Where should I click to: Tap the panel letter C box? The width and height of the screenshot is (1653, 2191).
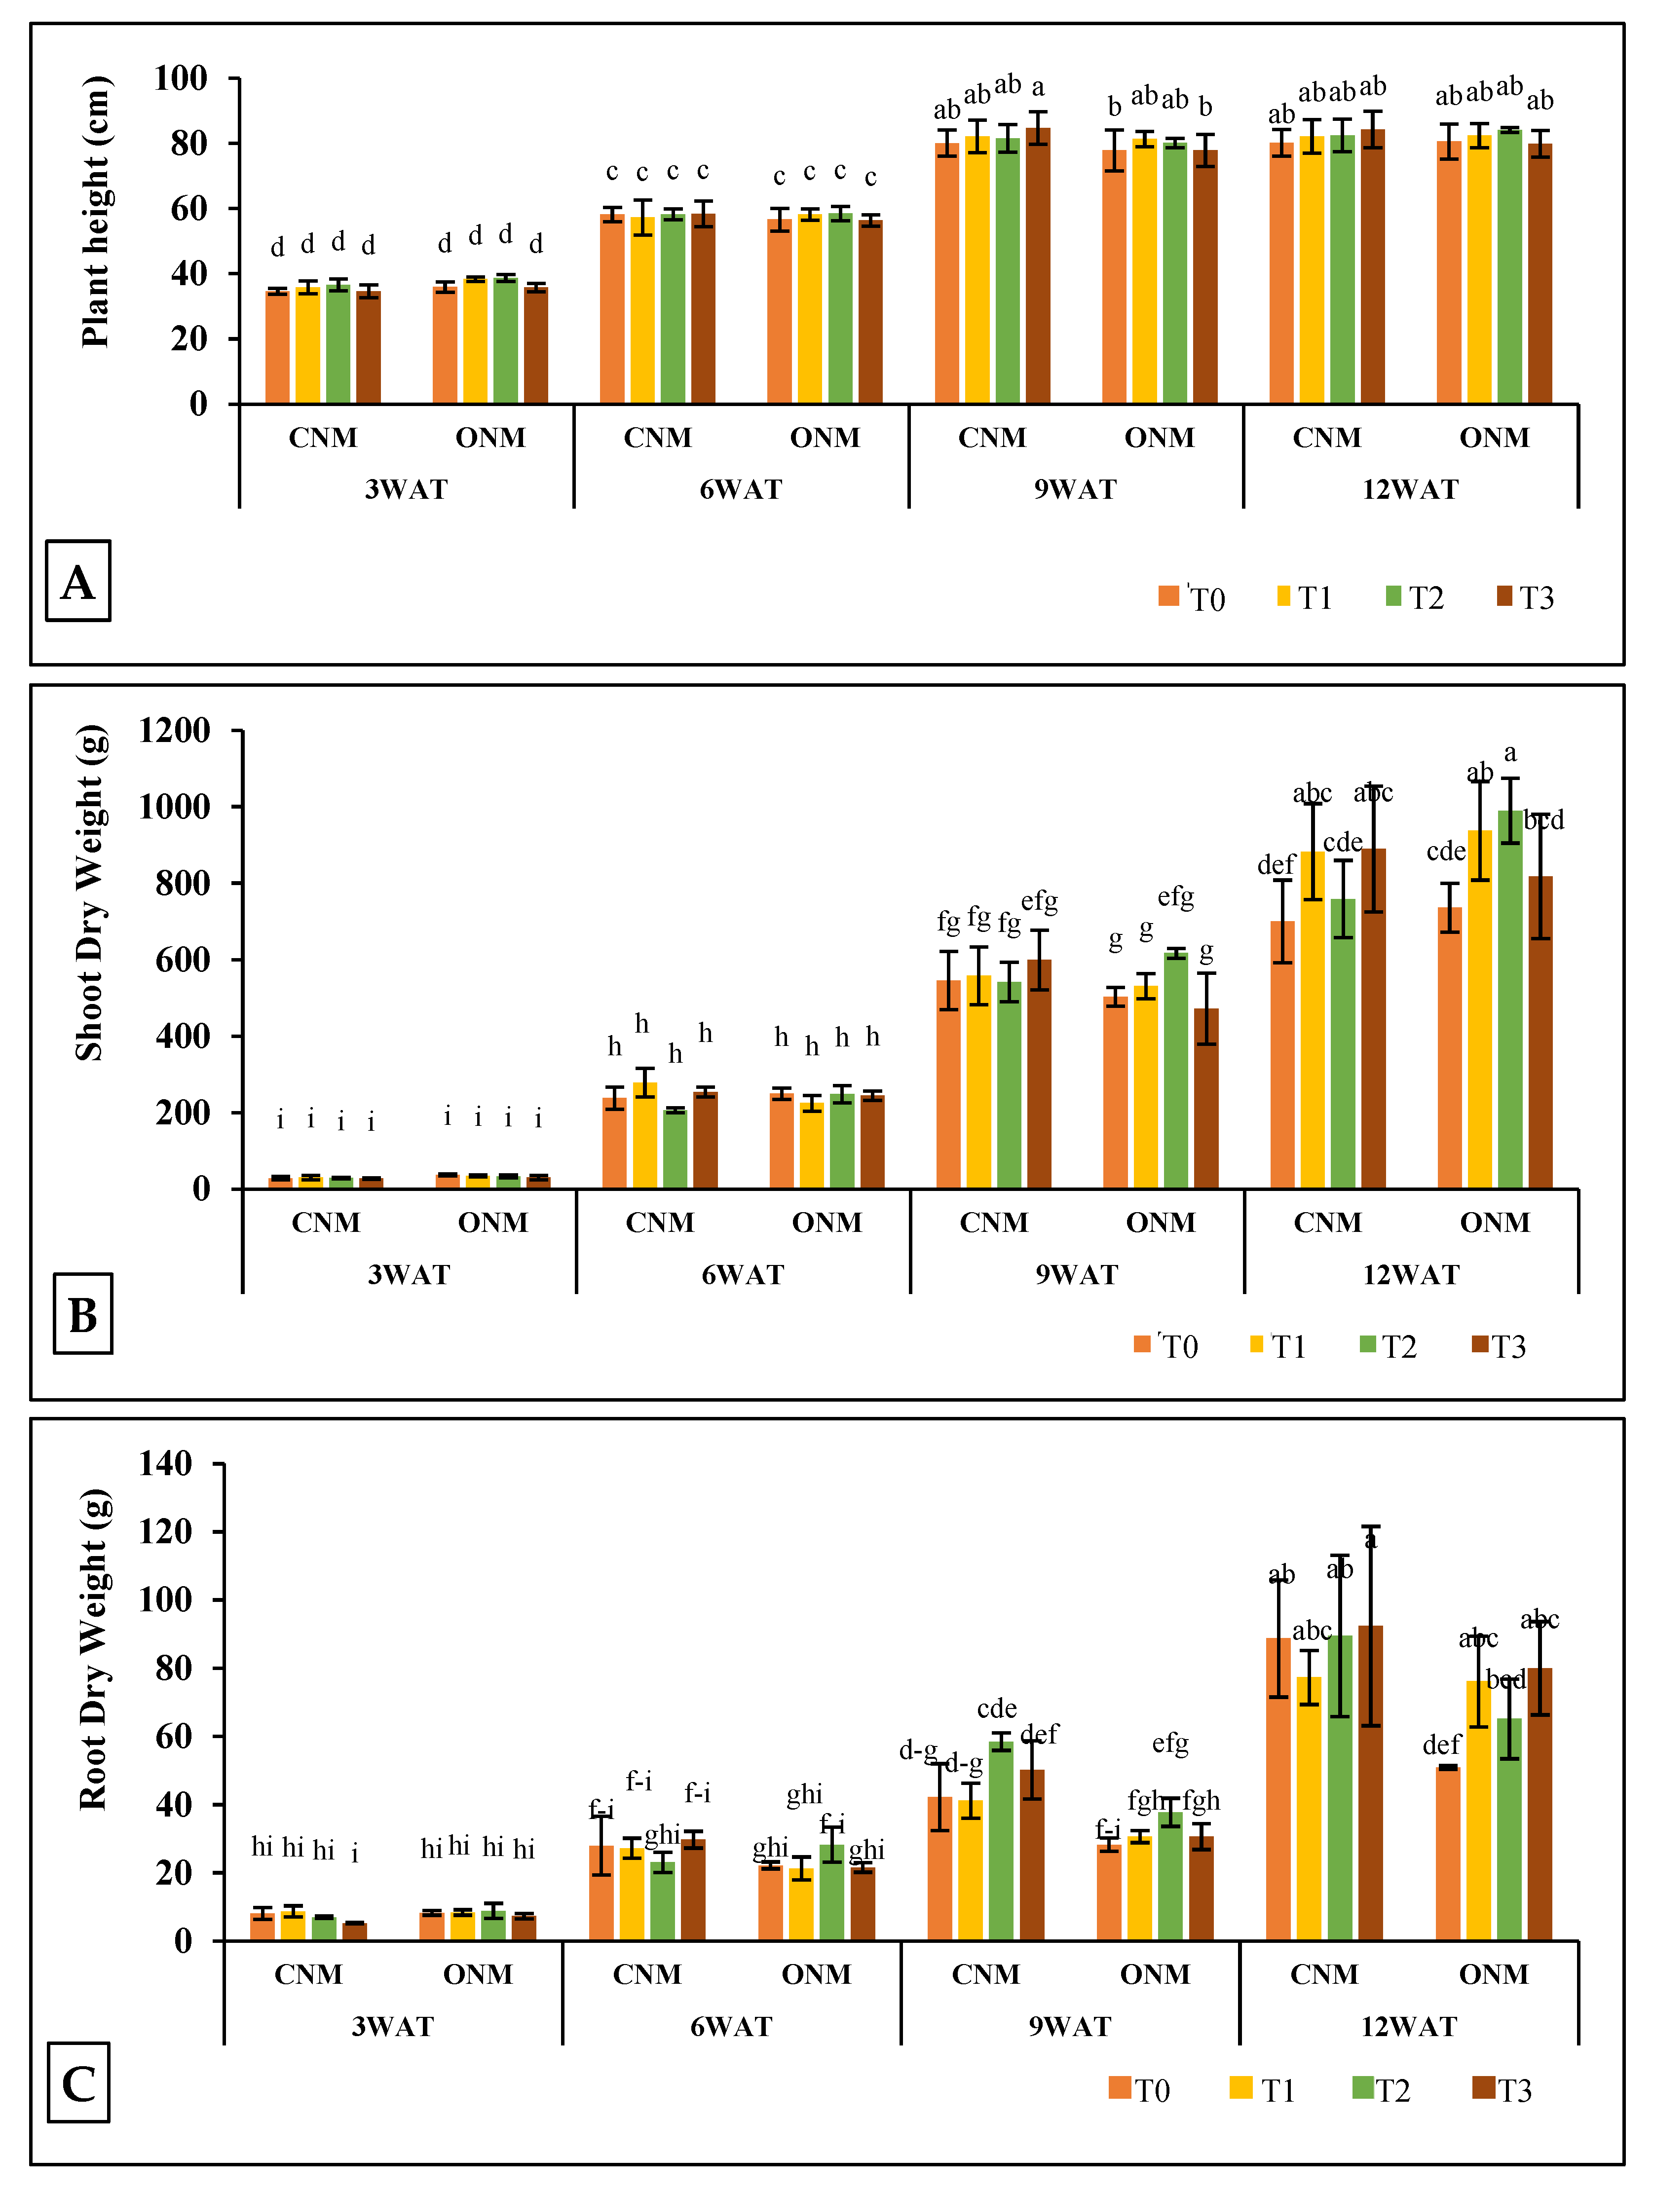tap(78, 2083)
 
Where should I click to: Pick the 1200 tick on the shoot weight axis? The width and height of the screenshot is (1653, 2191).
tap(174, 731)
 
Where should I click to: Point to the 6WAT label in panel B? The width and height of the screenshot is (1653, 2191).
tap(743, 1275)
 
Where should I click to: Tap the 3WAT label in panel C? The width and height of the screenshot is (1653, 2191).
tap(393, 2027)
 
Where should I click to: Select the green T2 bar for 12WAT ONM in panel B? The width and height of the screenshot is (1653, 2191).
tap(1509, 1001)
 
